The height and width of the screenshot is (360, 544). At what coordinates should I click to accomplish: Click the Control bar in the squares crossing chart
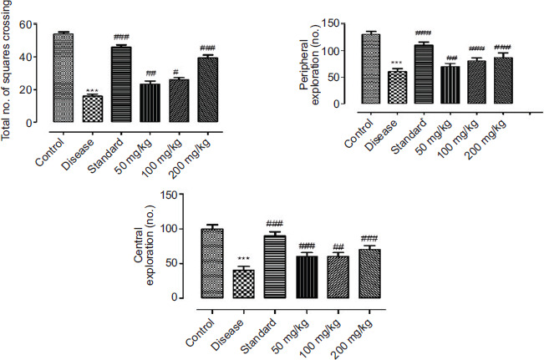click(x=63, y=79)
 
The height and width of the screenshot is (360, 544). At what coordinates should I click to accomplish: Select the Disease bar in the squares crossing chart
click(x=93, y=109)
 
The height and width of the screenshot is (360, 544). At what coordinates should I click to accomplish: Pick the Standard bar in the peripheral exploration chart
click(x=424, y=75)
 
